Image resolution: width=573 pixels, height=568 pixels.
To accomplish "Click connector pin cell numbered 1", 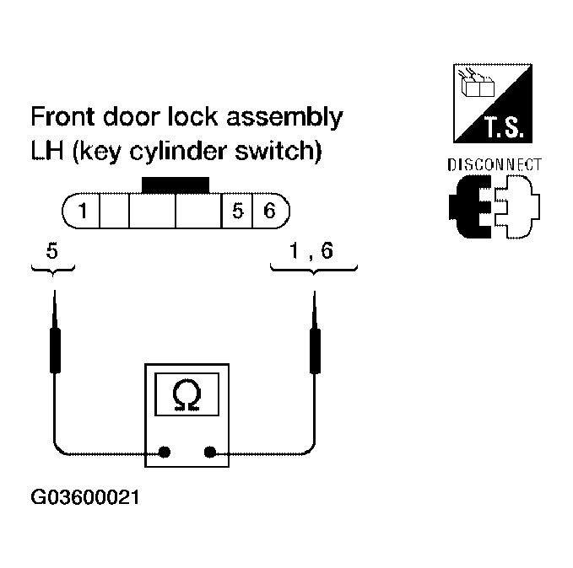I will tap(83, 211).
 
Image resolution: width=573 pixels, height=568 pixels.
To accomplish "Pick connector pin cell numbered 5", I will tap(238, 211).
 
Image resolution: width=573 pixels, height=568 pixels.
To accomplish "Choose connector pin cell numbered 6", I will tap(268, 211).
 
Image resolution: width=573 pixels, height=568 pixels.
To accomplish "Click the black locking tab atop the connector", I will tap(176, 185).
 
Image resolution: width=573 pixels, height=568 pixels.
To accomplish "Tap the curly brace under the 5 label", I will tap(54, 268).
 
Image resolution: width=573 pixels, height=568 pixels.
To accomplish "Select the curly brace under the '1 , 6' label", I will tap(314, 268).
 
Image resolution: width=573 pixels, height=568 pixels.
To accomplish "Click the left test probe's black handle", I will tap(55, 351).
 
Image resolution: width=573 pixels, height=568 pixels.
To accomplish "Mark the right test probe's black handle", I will tap(315, 351).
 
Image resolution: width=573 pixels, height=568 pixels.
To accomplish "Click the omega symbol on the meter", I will tap(186, 394).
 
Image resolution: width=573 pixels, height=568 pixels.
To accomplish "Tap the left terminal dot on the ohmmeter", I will tap(165, 452).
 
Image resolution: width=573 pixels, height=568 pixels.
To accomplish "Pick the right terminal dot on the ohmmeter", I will tap(209, 452).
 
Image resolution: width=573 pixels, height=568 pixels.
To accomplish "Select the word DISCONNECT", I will tap(495, 165).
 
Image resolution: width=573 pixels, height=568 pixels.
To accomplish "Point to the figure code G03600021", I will tap(84, 497).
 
